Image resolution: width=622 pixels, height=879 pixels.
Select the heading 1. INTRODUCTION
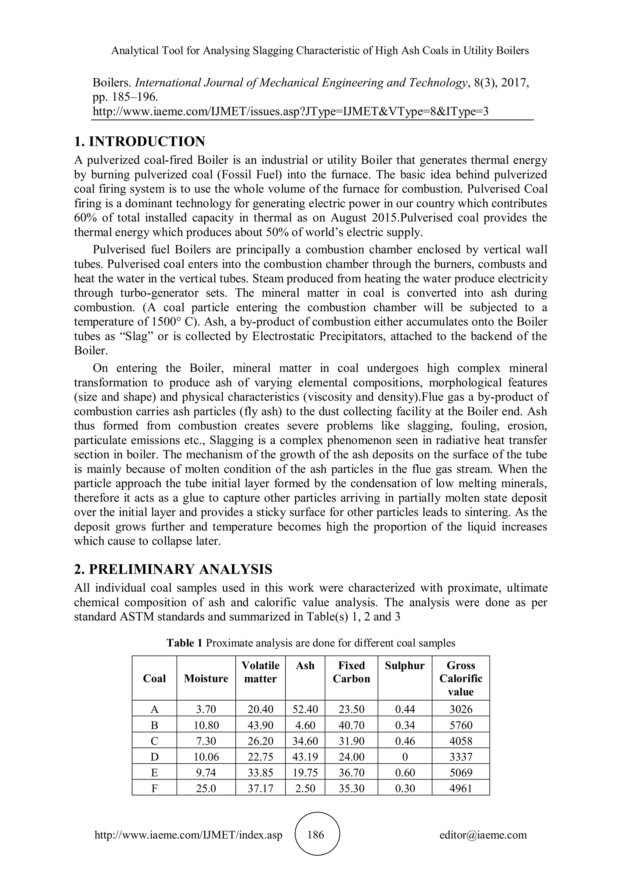tap(139, 142)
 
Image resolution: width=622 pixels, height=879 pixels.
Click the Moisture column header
tap(206, 678)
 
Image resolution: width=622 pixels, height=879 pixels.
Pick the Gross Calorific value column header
tap(461, 678)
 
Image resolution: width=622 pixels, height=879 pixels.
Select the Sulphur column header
tap(405, 666)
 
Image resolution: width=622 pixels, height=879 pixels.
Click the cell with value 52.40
tap(305, 709)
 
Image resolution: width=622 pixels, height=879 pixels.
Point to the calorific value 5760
tap(461, 725)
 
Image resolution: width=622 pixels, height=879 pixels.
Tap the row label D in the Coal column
tap(154, 757)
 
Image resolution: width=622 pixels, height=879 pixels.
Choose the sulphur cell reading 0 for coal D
tap(405, 757)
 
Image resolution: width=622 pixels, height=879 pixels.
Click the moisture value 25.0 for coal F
tap(206, 789)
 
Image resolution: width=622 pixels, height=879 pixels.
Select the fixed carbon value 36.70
tap(351, 772)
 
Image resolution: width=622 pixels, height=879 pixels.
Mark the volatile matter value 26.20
tap(261, 741)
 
